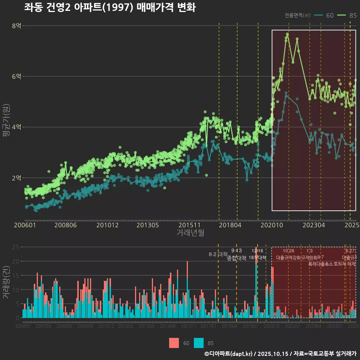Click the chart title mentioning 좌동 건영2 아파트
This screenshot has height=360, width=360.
point(110,7)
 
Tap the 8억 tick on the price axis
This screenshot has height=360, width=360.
point(16,25)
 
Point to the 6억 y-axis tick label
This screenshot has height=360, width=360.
point(16,76)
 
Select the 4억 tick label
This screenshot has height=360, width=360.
point(16,127)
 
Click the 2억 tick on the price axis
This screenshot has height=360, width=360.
point(16,178)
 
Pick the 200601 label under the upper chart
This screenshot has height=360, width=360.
point(25,225)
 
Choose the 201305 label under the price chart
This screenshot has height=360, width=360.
point(147,225)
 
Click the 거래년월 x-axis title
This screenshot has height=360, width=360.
point(190,232)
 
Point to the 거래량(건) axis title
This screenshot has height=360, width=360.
point(5,283)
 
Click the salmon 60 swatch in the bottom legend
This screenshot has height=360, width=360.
point(174,343)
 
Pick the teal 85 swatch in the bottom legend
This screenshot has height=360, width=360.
point(199,343)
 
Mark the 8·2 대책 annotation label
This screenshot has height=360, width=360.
point(218,254)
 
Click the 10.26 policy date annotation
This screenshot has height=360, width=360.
point(288,250)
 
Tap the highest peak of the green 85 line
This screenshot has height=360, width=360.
point(288,34)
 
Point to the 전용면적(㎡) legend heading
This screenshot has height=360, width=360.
point(297,15)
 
